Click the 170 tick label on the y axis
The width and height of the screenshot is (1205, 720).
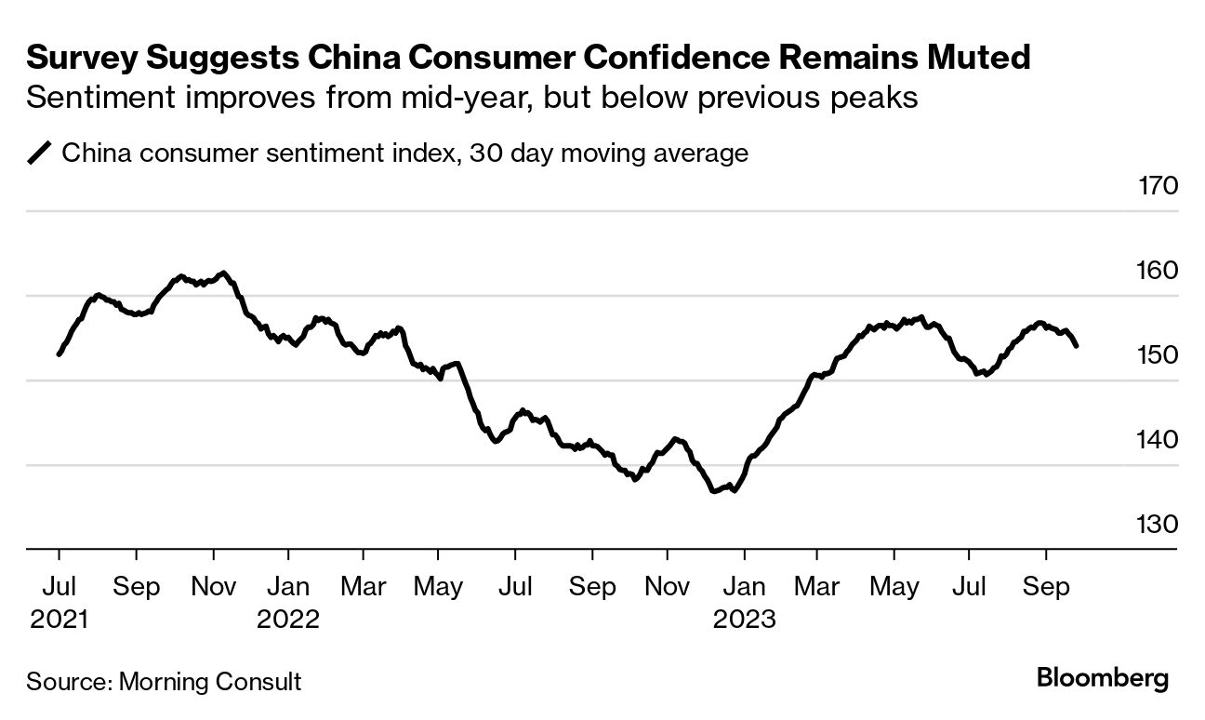[1158, 186]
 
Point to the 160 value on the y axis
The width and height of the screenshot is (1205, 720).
[1158, 271]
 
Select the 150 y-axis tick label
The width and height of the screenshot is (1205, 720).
[1158, 355]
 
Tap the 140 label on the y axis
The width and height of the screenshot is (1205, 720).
[1158, 440]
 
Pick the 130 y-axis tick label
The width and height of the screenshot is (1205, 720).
[1158, 525]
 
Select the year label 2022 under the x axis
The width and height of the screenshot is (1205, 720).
[288, 619]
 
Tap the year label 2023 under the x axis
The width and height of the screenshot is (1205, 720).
[744, 619]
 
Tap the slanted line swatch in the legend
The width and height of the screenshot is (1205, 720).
[40, 153]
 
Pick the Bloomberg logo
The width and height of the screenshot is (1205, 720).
[1103, 678]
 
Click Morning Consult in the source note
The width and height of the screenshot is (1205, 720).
[208, 682]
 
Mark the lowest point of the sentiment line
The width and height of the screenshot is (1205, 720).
[714, 491]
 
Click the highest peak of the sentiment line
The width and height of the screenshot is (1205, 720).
[223, 273]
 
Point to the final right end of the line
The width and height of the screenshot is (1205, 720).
[1077, 346]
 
